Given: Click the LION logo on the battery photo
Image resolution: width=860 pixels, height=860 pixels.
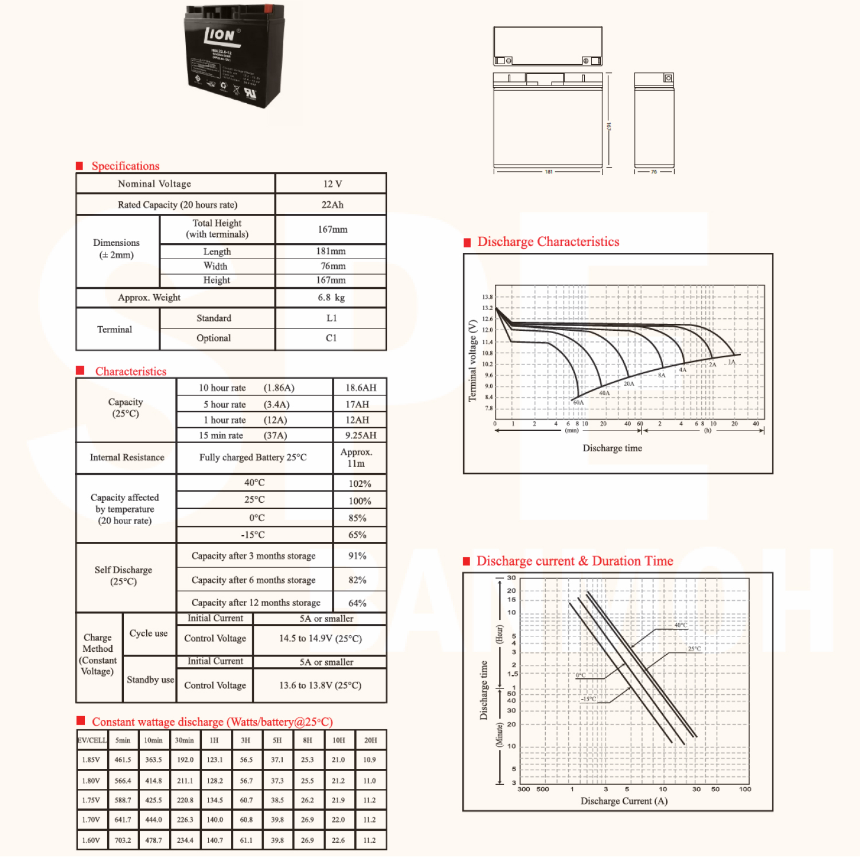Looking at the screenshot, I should coord(220,36).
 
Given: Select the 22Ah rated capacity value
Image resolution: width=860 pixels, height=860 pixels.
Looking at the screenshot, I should coord(332,205).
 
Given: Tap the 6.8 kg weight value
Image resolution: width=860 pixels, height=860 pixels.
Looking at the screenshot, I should coord(331,298).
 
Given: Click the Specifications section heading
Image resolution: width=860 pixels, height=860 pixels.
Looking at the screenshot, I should coord(125,166).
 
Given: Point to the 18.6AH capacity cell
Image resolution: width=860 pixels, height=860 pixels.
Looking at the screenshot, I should coord(361,388).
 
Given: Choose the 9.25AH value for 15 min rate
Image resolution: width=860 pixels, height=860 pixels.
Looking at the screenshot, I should coord(361,435).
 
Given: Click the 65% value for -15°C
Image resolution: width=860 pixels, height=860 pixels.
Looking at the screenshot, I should coord(357,535).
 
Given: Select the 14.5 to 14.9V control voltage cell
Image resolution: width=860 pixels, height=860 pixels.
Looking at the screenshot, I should coord(320,639).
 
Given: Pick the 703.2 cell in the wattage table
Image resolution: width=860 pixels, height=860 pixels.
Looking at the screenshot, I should coord(123,840).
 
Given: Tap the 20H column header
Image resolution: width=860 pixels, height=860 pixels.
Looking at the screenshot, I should coord(370,740).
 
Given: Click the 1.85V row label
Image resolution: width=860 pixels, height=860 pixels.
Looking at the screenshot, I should coord(91,760).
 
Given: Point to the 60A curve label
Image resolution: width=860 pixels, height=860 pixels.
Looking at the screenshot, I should coord(578,402).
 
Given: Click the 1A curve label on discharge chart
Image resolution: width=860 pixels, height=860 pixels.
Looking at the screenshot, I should coord(732,362).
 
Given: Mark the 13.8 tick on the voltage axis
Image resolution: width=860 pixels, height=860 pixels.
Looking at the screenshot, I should coord(487,297).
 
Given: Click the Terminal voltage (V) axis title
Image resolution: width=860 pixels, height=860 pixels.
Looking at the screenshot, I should coord(472,361).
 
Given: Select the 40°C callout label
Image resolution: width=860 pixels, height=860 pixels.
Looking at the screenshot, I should coord(680,625).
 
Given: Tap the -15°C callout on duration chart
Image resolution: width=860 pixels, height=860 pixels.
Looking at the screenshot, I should coord(588,699).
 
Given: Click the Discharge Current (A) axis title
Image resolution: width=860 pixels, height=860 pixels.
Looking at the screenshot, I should coord(624,801).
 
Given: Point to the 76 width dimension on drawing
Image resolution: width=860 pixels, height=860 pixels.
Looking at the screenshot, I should coord(654,172).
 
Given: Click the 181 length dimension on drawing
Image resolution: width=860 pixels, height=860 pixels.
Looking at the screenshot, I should coord(549,172).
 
